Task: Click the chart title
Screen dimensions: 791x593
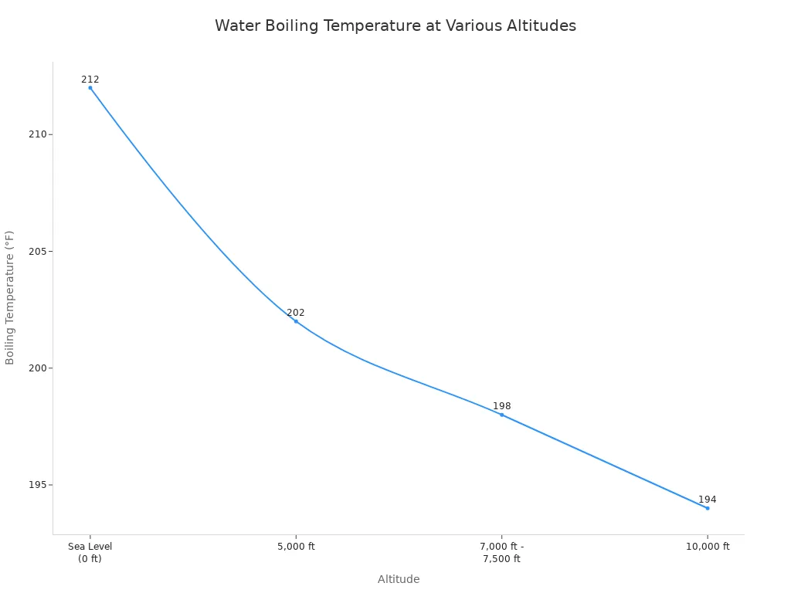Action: (395, 25)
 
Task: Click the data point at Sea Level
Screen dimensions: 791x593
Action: (90, 88)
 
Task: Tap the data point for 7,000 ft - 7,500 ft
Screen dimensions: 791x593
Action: (501, 415)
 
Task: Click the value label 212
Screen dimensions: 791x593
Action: (90, 80)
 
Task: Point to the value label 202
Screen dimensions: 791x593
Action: (296, 313)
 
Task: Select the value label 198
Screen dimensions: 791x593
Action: (501, 406)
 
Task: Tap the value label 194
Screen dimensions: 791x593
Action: (708, 500)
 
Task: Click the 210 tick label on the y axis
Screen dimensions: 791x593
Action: (37, 134)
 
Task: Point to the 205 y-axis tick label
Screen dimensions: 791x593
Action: (37, 251)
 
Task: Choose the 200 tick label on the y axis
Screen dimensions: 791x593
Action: (37, 368)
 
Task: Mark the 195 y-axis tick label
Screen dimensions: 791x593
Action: (37, 485)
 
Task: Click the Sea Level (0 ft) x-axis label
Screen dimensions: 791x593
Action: (90, 553)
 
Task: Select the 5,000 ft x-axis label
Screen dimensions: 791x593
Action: (296, 546)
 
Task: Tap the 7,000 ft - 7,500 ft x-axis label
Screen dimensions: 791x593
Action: (501, 553)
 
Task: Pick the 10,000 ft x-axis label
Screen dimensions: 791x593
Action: (708, 546)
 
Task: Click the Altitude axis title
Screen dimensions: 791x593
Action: (399, 579)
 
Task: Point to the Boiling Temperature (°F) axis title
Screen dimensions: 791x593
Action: (9, 298)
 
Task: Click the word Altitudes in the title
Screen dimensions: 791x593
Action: (541, 25)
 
